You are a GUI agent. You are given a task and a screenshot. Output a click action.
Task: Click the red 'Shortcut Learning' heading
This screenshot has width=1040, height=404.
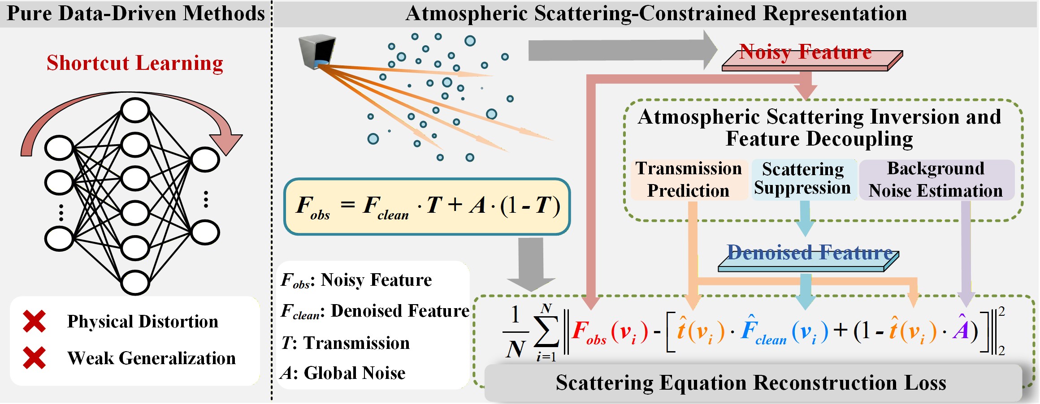[x=135, y=63]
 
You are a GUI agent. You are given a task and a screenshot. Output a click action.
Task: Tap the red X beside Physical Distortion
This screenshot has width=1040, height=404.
[x=35, y=321]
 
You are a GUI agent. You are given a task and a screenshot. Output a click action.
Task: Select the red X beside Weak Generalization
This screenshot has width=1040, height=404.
[x=35, y=358]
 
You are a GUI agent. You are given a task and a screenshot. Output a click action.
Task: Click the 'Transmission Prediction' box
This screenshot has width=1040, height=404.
[x=689, y=180]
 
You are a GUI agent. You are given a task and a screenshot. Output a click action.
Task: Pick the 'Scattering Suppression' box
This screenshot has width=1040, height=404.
[x=803, y=179]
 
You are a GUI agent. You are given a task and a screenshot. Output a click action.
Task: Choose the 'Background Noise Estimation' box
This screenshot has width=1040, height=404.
[x=936, y=180]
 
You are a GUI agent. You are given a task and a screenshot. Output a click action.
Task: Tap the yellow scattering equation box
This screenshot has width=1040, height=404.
[x=427, y=206]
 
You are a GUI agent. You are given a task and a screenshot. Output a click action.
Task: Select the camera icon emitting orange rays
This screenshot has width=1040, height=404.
[x=317, y=52]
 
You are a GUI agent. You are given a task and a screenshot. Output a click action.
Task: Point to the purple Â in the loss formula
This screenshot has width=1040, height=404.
[x=961, y=329]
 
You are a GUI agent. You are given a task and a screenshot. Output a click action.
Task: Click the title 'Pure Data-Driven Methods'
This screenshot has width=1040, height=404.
[x=136, y=13]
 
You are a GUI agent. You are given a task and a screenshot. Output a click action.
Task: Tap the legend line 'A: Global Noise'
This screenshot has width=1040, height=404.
[x=343, y=373]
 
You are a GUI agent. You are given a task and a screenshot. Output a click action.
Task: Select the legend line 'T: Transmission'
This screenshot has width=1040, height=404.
[x=345, y=343]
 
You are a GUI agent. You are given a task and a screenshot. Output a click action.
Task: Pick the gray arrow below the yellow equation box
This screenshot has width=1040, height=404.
[x=531, y=264]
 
